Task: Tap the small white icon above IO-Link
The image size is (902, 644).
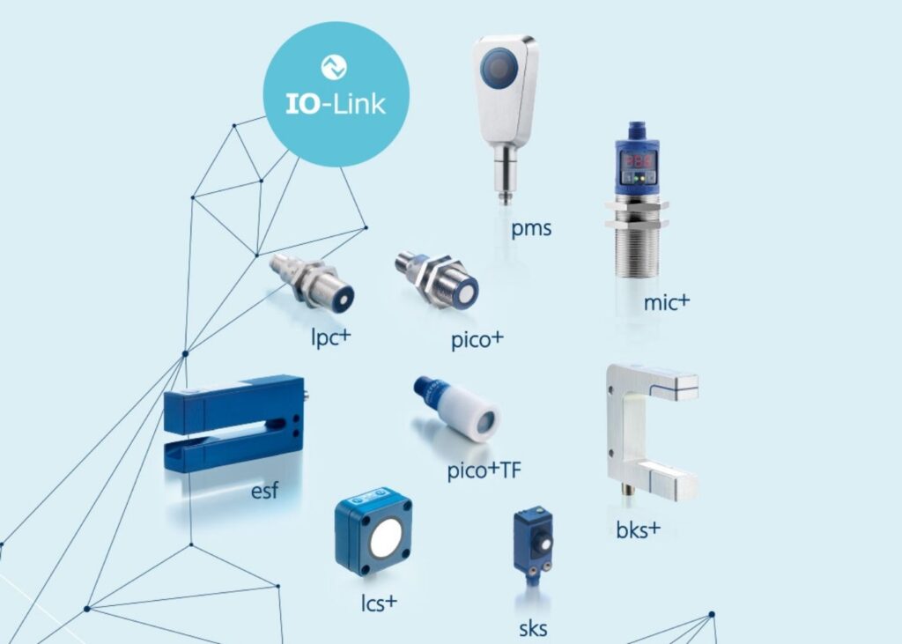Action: (335, 67)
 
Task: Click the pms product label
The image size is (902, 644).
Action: (531, 229)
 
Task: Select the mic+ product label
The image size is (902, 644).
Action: (667, 302)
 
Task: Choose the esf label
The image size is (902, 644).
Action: (264, 490)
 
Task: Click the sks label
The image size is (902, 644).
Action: (532, 628)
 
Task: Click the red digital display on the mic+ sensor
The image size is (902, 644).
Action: (636, 160)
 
